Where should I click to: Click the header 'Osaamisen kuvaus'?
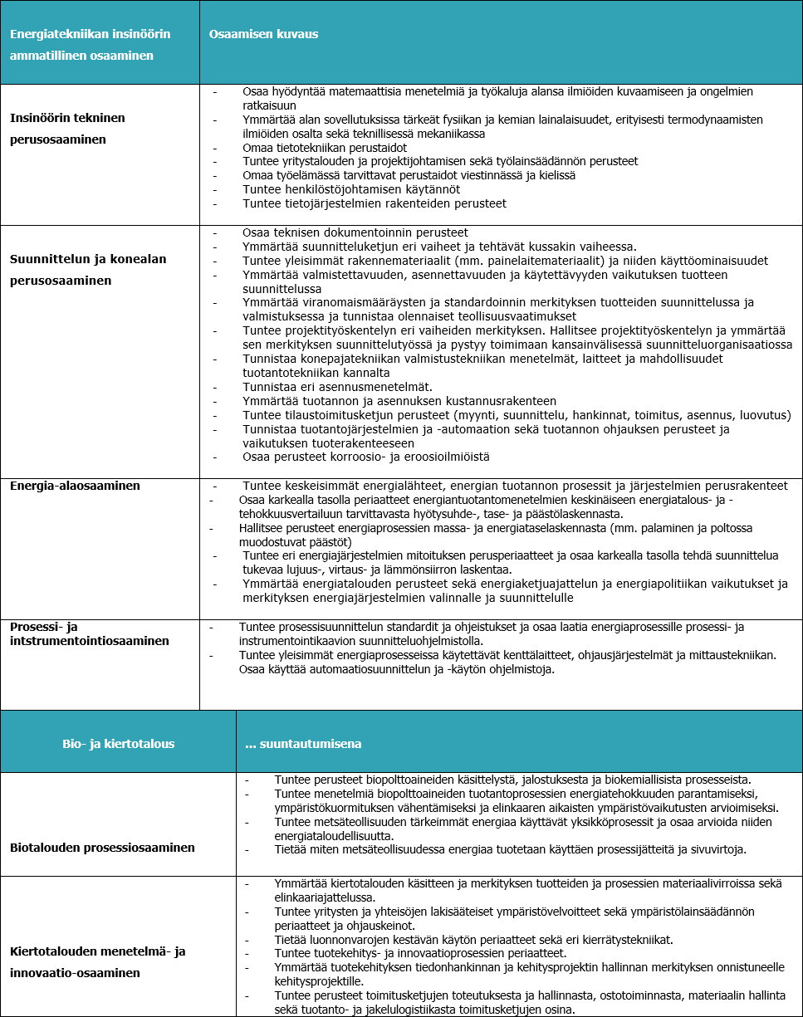[264, 34]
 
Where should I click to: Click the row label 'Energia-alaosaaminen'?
[75, 486]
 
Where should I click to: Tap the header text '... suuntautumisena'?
[303, 744]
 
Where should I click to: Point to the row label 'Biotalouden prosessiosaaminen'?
[102, 848]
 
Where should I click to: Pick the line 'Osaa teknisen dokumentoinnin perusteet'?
[355, 232]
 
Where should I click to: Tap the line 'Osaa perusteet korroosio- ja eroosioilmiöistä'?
[366, 457]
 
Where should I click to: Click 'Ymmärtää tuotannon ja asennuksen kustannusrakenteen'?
[387, 401]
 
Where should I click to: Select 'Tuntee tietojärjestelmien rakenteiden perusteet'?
[375, 203]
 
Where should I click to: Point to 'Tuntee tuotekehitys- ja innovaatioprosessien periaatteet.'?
[420, 953]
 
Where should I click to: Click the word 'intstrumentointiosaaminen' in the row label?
[89, 641]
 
